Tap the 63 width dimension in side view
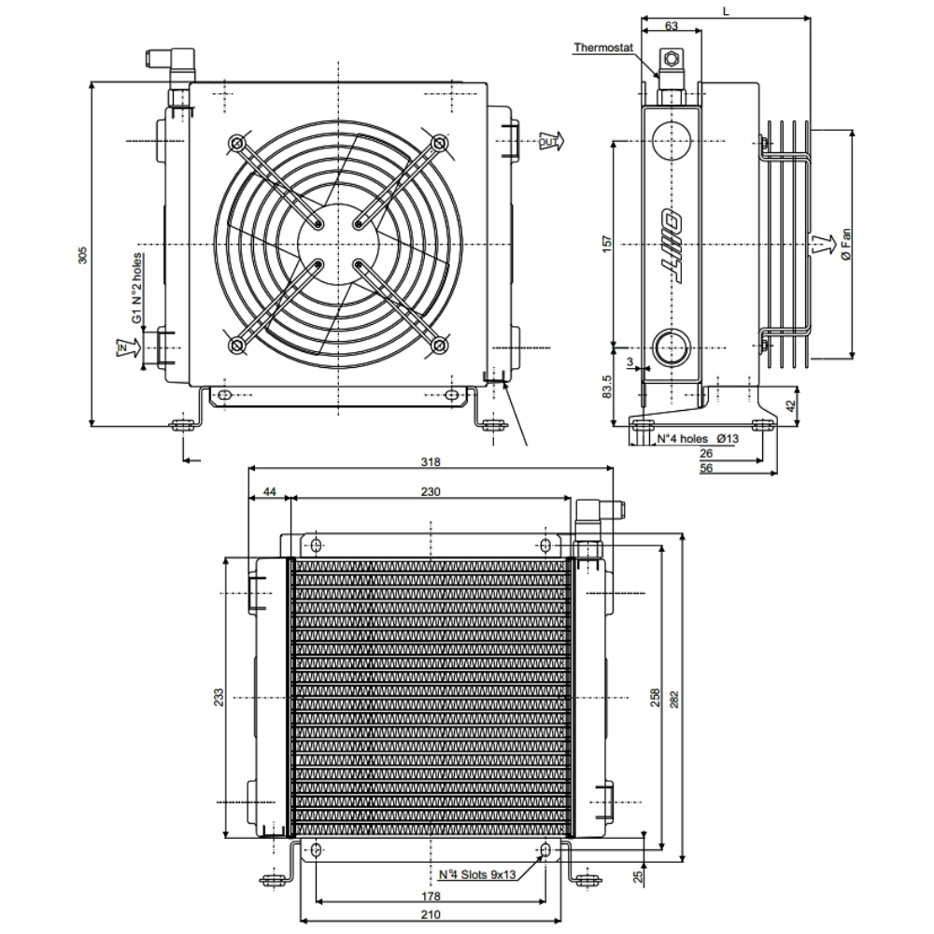671,26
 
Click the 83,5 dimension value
607,387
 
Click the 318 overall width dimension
430,460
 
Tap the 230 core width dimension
430,490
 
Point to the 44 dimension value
269,490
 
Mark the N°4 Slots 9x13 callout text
477,875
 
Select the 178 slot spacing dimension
430,895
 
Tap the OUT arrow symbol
548,142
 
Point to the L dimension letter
728,9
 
